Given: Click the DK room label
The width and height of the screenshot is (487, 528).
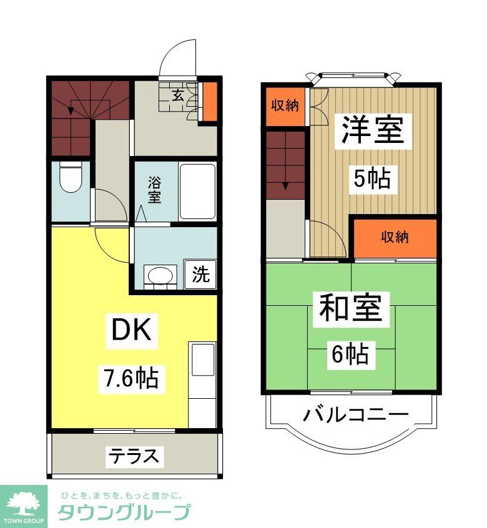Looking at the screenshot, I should coord(132,331).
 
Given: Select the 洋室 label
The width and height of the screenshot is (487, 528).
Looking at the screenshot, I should coord(373,131).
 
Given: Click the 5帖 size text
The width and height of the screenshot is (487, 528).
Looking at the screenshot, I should coord(372,179).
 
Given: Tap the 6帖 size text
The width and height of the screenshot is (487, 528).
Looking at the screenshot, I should coord(350,354).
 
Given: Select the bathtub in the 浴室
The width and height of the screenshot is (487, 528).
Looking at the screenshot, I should coord(197,191).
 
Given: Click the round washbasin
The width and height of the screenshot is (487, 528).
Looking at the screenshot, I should coord(160,275).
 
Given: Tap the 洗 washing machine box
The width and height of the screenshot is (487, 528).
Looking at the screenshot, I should coord(201,275).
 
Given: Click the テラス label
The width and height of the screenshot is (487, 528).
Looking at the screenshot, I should coord(135,456).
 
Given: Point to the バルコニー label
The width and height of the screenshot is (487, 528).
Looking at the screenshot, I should coord(357,414).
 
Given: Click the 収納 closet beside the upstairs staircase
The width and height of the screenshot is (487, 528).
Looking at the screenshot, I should coord(285,105).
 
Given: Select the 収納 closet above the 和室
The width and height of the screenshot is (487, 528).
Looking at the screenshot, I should coord(395,237).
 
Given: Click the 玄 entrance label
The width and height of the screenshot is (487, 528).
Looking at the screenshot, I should coord(178,95).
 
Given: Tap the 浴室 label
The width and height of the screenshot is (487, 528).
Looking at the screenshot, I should coord(154,190).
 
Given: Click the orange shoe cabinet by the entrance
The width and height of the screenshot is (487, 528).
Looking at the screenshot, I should coord(211,101).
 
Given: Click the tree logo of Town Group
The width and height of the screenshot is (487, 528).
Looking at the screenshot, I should coord(23,501).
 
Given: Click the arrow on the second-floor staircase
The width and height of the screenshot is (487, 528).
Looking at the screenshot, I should coord(285,185).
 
